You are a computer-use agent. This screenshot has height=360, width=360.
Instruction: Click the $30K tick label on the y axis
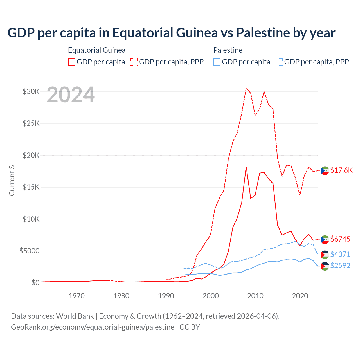31,91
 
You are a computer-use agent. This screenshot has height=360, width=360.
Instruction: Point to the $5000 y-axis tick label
29,251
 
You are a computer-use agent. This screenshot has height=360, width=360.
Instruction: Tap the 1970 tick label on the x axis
76,296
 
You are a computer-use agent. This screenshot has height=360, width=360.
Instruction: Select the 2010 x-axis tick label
255,296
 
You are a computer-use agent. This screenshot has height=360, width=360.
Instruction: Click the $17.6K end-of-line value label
341,170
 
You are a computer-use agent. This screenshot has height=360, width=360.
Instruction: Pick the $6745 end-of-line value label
340,239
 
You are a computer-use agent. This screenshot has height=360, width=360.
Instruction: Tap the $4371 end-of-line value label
340,254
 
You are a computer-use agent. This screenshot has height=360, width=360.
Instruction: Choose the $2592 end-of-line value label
340,265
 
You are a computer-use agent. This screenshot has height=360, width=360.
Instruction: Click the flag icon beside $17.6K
325,170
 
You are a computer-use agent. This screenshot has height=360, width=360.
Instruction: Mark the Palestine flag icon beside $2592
325,266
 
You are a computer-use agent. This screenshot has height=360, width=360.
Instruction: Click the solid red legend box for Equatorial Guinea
72,62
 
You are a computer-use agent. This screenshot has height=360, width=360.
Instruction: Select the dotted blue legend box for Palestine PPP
279,62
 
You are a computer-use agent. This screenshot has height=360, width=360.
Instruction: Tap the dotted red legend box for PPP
134,62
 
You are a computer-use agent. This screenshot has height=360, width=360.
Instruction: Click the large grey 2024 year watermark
71,95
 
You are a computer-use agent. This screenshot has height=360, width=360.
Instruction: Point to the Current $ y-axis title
12,181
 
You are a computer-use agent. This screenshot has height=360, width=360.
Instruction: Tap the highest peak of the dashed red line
246,88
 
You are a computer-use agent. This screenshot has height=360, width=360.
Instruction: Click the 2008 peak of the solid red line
246,167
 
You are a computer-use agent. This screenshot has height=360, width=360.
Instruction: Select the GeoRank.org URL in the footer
93,327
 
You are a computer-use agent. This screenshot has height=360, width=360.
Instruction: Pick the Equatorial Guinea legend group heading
96,50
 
